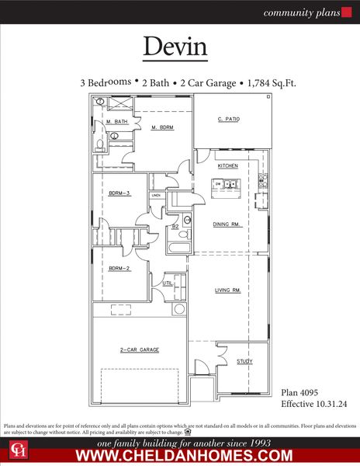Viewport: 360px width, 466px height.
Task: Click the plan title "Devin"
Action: pos(175,46)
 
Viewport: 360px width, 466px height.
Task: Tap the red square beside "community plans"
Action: pos(347,12)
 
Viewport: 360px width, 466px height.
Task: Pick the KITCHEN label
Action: pos(227,166)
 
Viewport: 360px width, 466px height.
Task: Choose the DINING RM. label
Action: pos(227,224)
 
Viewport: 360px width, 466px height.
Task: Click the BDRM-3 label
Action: pos(119,193)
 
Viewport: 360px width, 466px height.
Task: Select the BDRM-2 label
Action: pos(118,268)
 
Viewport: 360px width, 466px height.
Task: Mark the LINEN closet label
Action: pos(156,196)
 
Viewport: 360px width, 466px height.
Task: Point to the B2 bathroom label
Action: pos(175,226)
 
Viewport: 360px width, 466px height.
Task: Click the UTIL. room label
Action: pos(167,283)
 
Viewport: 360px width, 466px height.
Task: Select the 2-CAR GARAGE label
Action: pos(140,350)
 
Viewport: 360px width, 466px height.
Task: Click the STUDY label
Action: pos(244,361)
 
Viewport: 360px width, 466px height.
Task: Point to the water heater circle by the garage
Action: pos(179,309)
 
